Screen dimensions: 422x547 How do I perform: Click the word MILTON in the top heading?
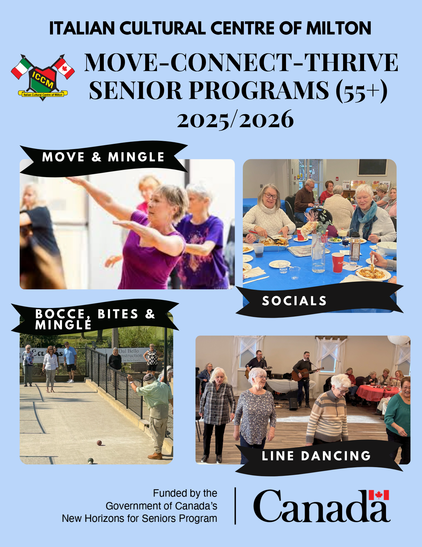[339, 28]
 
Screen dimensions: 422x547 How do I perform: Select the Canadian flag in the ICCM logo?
[64, 68]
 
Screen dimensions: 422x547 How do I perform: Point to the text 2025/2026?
[235, 119]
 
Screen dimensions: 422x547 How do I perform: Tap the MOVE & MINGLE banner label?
[103, 157]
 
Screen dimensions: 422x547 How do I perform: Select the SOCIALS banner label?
[294, 301]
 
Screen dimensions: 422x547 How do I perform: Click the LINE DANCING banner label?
[316, 456]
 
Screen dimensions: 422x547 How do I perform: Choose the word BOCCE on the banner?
[60, 314]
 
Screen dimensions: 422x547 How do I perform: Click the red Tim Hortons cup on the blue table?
[338, 263]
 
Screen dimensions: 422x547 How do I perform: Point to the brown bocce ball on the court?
[99, 443]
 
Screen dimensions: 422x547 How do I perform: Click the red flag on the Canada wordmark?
[379, 495]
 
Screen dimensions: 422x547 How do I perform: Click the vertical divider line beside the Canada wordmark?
[235, 506]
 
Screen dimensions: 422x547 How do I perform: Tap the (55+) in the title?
[362, 91]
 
